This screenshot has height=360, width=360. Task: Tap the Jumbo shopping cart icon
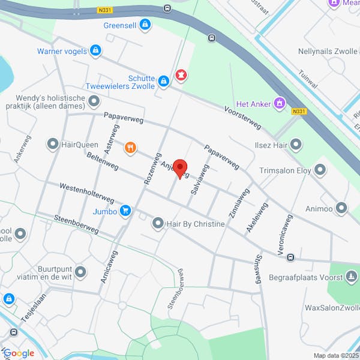coord(125,210)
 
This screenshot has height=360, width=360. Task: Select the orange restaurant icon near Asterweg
coord(130,148)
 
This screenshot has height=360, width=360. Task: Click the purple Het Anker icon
coord(278,103)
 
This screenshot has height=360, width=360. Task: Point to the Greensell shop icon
coord(144,25)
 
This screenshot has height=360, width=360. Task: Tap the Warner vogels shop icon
coord(95,50)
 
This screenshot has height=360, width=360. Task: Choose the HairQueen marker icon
coord(52,144)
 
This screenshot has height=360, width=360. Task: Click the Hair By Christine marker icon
coord(158,224)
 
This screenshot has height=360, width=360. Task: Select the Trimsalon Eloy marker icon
coord(320,170)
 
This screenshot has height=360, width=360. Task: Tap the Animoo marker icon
coord(341,208)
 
